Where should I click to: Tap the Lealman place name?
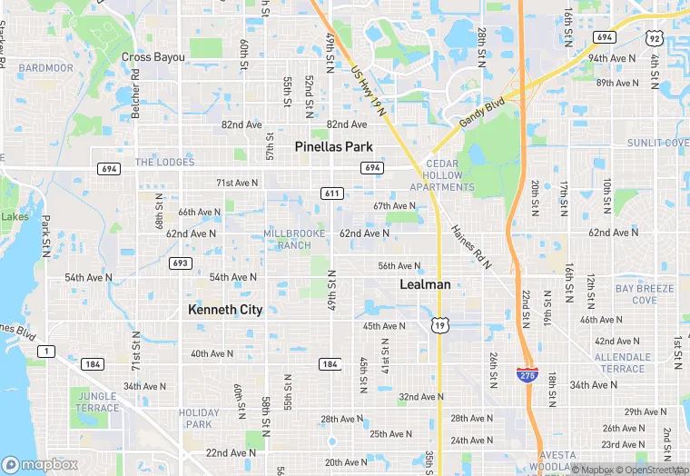point(425,284)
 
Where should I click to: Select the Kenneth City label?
point(225,310)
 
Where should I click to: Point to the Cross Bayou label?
point(153,57)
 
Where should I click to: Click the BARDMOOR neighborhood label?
point(45,68)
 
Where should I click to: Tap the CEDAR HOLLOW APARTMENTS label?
point(442,175)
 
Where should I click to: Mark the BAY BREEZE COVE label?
point(644,294)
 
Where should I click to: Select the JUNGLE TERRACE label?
point(97,402)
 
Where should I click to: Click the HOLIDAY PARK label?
point(199,418)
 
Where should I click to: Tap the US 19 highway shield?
point(439,325)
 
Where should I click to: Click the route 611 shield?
point(330,193)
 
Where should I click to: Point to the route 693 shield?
point(180,263)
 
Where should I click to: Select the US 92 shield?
point(654,37)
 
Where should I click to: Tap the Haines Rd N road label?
point(470,246)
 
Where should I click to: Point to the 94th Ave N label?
point(611,58)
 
